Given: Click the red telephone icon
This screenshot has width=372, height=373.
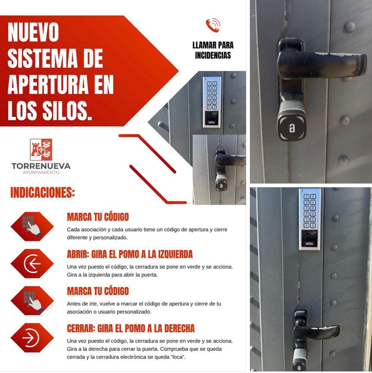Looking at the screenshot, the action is click(x=213, y=25).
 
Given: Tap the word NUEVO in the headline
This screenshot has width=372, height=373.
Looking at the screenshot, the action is click(x=33, y=32).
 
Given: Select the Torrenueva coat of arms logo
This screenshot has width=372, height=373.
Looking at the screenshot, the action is click(x=41, y=150).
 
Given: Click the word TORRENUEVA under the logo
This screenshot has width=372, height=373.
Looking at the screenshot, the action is click(x=41, y=166).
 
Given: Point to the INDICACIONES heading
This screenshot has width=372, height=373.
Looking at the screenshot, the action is click(x=43, y=192).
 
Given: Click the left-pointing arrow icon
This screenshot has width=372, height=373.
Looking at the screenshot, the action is click(x=32, y=264).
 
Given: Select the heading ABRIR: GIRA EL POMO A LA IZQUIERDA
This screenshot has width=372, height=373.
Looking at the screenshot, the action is click(x=130, y=254).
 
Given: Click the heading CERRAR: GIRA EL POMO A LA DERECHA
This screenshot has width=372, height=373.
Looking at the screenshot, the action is click(x=131, y=329).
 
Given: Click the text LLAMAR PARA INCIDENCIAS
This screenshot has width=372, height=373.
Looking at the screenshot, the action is click(x=213, y=50).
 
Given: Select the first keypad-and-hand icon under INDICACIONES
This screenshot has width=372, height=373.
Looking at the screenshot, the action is click(x=32, y=226).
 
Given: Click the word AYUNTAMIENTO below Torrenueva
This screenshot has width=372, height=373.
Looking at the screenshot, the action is click(x=41, y=172).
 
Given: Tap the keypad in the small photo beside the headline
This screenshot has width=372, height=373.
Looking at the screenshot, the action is click(x=212, y=96).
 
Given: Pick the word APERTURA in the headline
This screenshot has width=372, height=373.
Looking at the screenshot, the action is click(x=48, y=85).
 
